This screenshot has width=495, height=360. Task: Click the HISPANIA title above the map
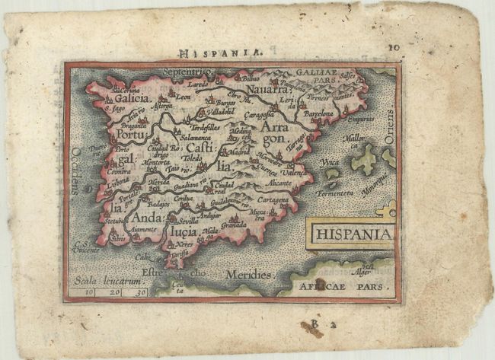[x=221, y=53]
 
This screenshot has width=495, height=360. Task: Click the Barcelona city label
[x=319, y=114]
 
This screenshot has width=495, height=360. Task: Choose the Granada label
[x=235, y=225]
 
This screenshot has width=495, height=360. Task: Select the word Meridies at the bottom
[x=248, y=273]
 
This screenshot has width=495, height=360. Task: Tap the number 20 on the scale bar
[x=113, y=292]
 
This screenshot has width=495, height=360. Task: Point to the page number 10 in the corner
[x=393, y=47]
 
